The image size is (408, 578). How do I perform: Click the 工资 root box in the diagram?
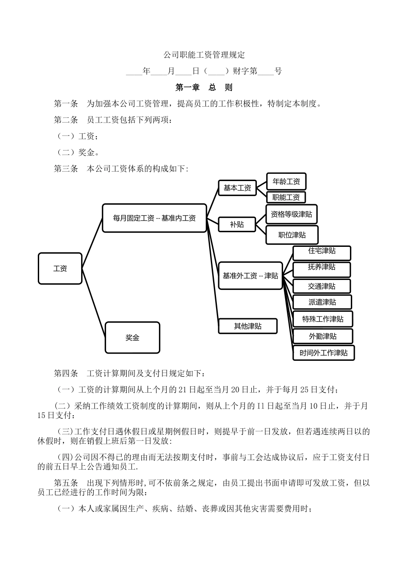[60, 268]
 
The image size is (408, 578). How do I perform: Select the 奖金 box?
[132, 338]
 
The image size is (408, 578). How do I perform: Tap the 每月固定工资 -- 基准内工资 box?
[155, 218]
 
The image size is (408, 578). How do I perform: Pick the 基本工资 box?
[237, 188]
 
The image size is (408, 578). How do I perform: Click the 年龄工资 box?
[286, 181]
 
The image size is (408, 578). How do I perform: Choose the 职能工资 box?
[286, 197]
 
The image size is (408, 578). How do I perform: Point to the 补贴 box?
[237, 224]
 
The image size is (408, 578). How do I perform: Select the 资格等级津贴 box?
[292, 214]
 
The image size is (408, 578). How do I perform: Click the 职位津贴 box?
[292, 235]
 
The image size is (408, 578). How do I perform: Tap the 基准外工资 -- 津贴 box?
[250, 275]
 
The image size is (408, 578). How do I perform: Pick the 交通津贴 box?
[322, 286]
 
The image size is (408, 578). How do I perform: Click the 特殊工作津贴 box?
[323, 319]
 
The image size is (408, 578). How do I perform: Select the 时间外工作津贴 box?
[323, 353]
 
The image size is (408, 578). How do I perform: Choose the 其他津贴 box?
[248, 326]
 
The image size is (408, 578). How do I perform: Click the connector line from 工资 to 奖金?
[94, 303]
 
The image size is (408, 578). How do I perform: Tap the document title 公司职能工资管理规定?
[204, 55]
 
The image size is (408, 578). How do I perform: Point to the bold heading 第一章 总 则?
[204, 87]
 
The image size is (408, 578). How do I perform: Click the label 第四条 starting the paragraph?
[66, 373]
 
